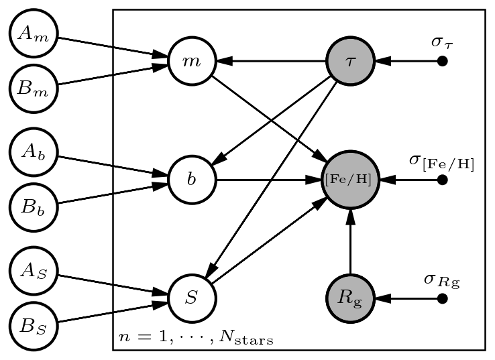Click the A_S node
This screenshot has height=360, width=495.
[34, 271]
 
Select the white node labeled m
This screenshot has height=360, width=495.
[192, 61]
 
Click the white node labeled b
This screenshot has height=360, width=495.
[192, 180]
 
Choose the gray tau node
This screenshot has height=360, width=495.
[349, 61]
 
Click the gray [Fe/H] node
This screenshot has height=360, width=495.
[350, 180]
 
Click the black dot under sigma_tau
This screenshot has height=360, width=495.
[442, 61]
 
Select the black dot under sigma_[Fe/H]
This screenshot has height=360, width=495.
[442, 180]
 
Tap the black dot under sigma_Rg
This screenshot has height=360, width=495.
[442, 298]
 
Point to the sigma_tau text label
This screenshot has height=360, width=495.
[442, 42]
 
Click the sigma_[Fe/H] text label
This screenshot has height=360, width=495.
[441, 162]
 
